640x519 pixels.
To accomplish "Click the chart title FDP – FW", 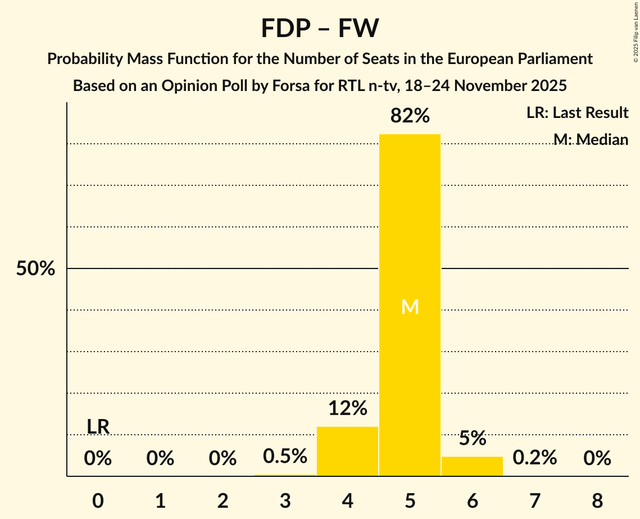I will pyautogui.click(x=320, y=28).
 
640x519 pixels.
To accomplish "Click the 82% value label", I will pyautogui.click(x=410, y=116).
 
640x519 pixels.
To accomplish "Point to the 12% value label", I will pyautogui.click(x=347, y=408).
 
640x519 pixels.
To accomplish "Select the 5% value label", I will pyautogui.click(x=472, y=439).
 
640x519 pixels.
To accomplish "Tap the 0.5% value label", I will pyautogui.click(x=285, y=456).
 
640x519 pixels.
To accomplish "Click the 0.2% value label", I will pyautogui.click(x=534, y=458).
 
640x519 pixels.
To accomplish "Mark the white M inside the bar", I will pyautogui.click(x=410, y=307).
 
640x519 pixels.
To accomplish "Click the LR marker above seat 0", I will pyautogui.click(x=98, y=427).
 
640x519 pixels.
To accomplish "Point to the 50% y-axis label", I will pyautogui.click(x=35, y=269).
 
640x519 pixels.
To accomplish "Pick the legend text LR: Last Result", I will pyautogui.click(x=577, y=113).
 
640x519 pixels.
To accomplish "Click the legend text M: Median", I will pyautogui.click(x=591, y=139).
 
